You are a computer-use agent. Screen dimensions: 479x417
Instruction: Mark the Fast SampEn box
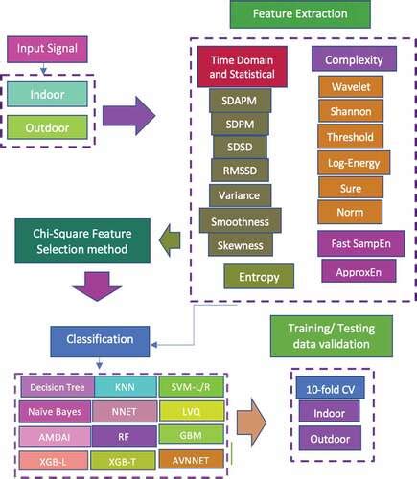click(x=353, y=243)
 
